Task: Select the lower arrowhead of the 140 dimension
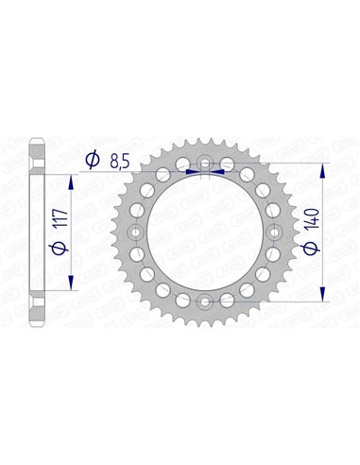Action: tap(326, 295)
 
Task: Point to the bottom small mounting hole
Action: tap(205, 301)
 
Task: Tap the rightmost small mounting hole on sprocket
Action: tap(273, 232)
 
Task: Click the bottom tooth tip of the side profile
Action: tap(36, 322)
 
